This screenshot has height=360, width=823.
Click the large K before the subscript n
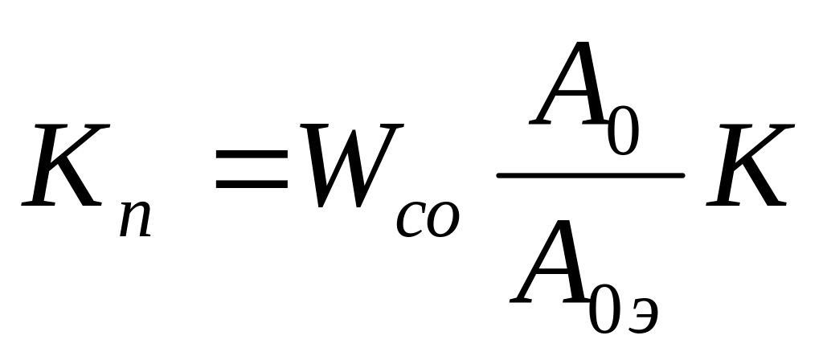coord(68,166)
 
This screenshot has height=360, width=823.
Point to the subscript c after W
coord(411,219)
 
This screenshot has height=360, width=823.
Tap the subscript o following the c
coord(443,219)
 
